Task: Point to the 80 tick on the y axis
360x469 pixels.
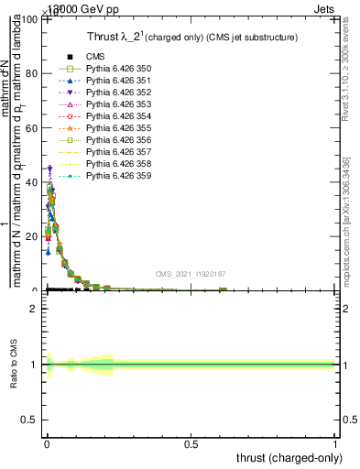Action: click(31, 74)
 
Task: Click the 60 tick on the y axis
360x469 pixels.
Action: click(31, 128)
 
